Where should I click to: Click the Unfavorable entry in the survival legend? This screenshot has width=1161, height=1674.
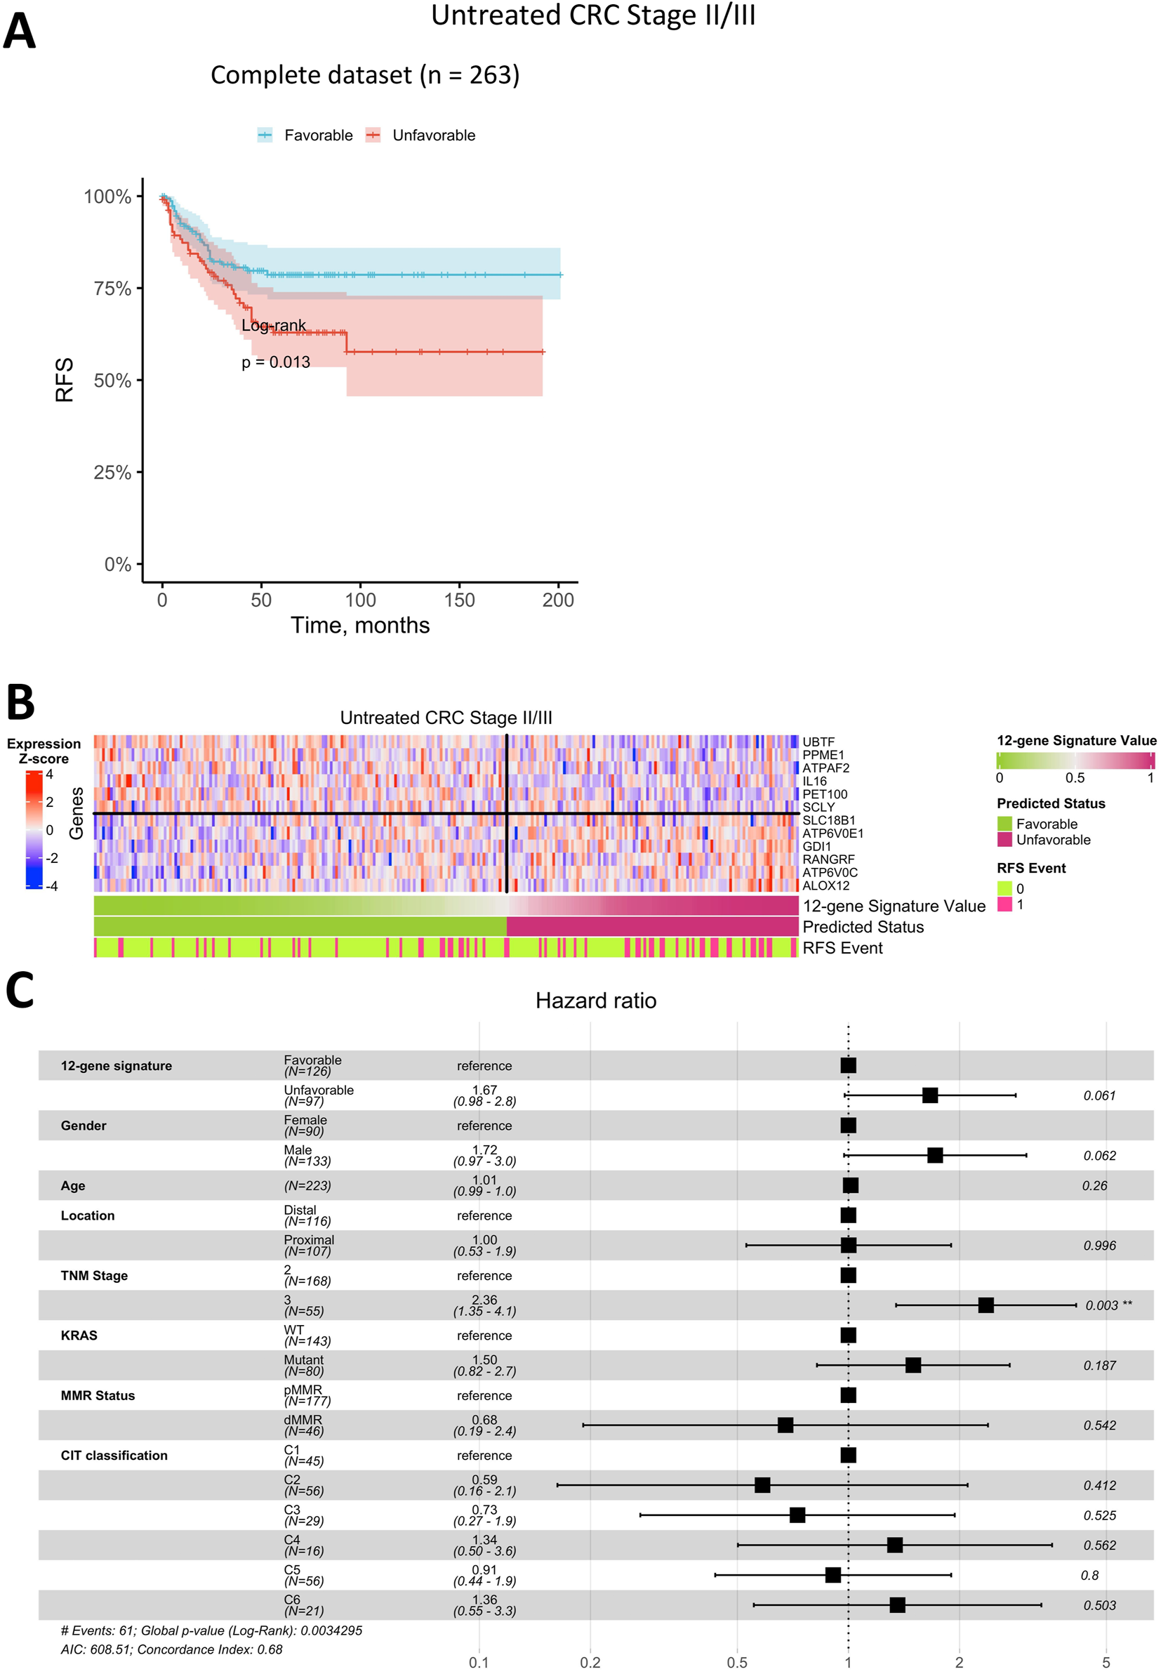[433, 136]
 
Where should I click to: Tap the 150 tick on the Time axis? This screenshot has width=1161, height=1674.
[459, 600]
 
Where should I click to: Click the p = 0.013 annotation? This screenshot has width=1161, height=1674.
[276, 362]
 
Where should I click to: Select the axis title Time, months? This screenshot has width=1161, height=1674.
[360, 625]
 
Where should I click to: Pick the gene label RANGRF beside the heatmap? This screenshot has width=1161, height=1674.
[828, 859]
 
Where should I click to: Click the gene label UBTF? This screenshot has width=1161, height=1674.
[818, 742]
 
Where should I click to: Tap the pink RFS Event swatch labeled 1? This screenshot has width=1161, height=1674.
[1004, 904]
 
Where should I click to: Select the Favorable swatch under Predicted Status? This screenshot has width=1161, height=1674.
[1004, 824]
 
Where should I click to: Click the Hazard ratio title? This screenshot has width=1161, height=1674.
[596, 1001]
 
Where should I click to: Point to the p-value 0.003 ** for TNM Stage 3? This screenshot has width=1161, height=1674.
[1108, 1305]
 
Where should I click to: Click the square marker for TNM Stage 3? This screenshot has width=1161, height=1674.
[985, 1305]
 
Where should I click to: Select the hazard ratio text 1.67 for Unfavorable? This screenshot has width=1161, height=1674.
[484, 1090]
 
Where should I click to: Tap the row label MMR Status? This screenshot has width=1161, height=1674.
[98, 1395]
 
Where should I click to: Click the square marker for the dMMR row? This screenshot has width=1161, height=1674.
[785, 1425]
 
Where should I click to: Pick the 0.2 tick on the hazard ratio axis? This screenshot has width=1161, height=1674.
[590, 1662]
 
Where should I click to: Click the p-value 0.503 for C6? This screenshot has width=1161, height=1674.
[1099, 1606]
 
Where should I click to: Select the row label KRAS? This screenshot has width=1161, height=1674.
[79, 1336]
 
